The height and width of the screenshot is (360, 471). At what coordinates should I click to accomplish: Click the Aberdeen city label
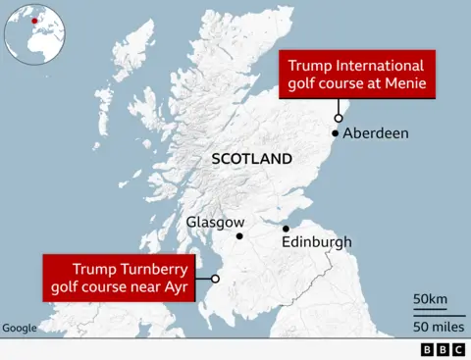pyautogui.click(x=376, y=133)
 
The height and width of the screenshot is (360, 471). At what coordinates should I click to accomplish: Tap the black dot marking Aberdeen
pyautogui.click(x=336, y=133)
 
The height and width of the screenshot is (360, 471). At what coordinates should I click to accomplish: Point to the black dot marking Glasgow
pyautogui.click(x=239, y=236)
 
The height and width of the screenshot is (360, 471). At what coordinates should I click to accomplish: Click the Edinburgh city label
pyautogui.click(x=316, y=241)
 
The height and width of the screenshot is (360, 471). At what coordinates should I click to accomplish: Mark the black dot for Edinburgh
pyautogui.click(x=286, y=229)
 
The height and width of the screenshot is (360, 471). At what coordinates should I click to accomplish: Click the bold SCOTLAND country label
pyautogui.click(x=252, y=159)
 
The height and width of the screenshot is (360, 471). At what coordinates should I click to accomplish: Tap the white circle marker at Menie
pyautogui.click(x=338, y=116)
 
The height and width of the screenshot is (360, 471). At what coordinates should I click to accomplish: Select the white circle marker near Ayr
pyautogui.click(x=215, y=279)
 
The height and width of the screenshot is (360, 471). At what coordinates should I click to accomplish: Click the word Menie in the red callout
pyautogui.click(x=406, y=84)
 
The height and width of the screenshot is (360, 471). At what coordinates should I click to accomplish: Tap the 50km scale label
pyautogui.click(x=430, y=298)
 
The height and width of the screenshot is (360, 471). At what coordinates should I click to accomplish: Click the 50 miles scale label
pyautogui.click(x=431, y=325)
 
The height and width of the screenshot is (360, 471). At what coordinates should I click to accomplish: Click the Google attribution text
pyautogui.click(x=20, y=328)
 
